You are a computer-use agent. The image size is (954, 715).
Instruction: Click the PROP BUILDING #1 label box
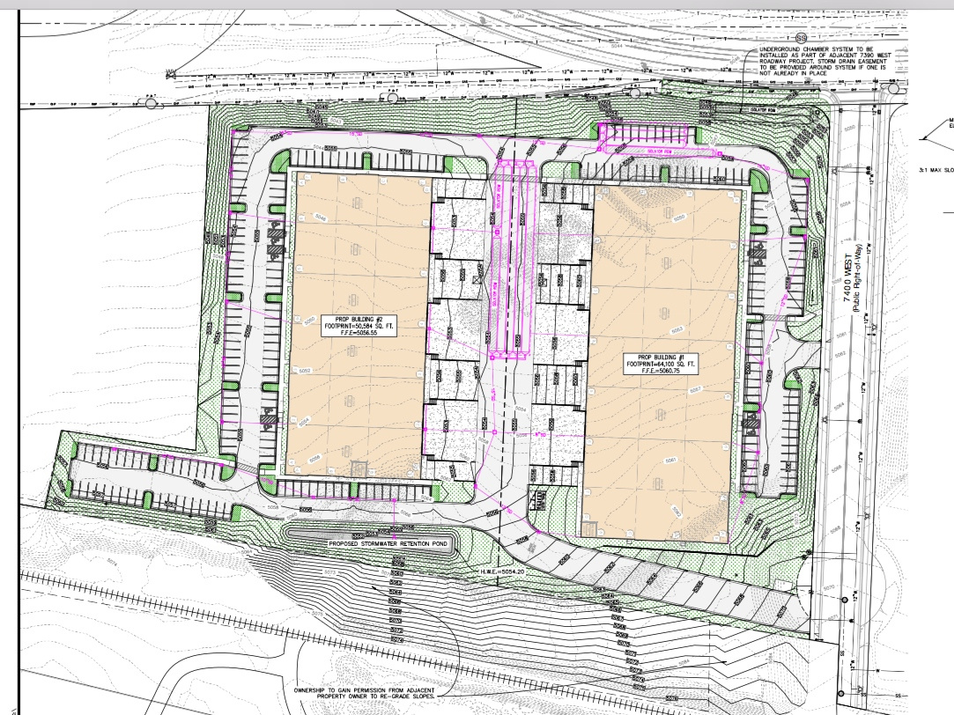(662, 365)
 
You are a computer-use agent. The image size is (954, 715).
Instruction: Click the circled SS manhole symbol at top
(801, 37)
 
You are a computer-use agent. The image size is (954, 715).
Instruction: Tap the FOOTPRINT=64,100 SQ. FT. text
(662, 365)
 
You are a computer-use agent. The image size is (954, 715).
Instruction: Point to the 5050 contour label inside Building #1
(677, 217)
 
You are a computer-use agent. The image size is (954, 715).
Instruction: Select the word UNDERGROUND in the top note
(781, 48)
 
